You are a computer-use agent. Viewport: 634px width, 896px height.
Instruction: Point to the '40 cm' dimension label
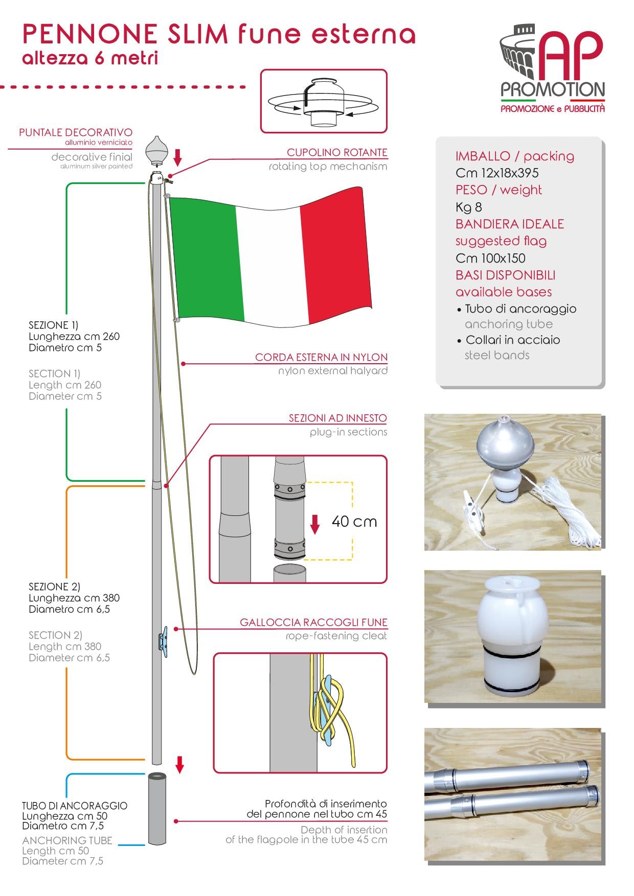click(354, 522)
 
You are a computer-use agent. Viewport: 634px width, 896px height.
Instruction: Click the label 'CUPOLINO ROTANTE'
click(337, 152)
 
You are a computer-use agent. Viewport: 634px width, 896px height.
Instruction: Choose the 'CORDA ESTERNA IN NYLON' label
click(321, 357)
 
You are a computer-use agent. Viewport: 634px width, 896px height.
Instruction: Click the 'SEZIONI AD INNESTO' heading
click(337, 418)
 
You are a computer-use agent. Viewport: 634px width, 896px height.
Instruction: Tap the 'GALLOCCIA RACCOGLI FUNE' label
click(313, 622)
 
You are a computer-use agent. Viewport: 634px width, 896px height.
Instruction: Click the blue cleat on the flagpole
click(163, 639)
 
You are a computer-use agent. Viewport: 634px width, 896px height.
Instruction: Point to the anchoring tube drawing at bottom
click(157, 809)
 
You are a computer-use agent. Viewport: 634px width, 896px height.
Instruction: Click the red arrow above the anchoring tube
click(179, 765)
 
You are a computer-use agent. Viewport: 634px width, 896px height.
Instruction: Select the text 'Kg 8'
click(468, 207)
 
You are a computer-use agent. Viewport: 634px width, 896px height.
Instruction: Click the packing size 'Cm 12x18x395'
click(497, 173)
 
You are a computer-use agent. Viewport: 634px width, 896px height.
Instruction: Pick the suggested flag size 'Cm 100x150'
click(490, 258)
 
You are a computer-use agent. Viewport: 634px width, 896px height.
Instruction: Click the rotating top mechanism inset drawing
click(324, 101)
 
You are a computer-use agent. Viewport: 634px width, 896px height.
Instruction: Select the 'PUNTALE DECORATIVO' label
click(76, 133)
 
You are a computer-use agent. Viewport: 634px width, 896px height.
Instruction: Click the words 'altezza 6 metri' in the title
click(90, 58)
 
